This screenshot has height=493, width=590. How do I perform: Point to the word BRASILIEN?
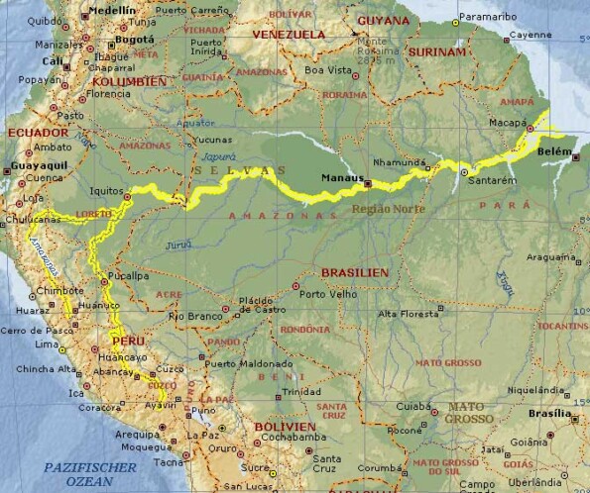[354, 271]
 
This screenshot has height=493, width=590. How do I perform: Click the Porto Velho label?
[328, 294]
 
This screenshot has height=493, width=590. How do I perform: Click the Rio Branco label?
[192, 315]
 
